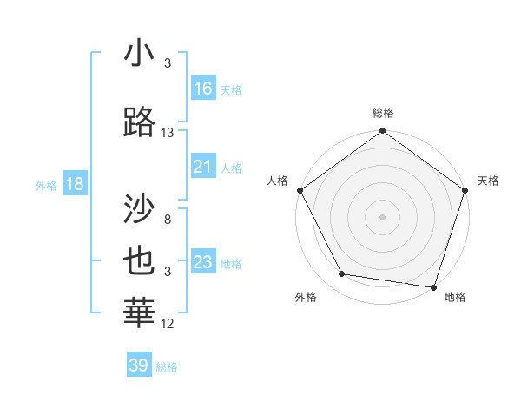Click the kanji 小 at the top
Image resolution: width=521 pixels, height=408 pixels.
click(x=140, y=54)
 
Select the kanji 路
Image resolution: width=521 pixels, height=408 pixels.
click(x=140, y=122)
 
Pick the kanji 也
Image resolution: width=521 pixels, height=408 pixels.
click(x=140, y=262)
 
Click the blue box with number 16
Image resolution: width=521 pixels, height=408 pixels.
click(x=202, y=89)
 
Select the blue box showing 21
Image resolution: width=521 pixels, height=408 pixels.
click(x=202, y=167)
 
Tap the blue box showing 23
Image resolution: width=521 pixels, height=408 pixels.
click(x=202, y=262)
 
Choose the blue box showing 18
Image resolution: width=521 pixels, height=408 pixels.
click(x=74, y=184)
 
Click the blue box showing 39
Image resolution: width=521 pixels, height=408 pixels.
click(x=138, y=365)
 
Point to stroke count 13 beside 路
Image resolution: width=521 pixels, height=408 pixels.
click(x=168, y=133)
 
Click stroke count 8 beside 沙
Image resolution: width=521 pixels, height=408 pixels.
click(x=168, y=220)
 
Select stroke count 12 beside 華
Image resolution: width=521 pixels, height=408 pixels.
click(x=168, y=324)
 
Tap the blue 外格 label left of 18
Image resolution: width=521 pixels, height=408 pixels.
click(x=46, y=185)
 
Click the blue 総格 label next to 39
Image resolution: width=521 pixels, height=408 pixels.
click(x=167, y=366)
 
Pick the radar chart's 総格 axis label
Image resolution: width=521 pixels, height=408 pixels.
click(x=382, y=114)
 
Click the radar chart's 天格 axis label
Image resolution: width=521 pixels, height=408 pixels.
click(x=488, y=181)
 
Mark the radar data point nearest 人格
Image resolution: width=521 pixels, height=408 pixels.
click(x=300, y=189)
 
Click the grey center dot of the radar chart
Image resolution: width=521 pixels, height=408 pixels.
click(x=382, y=216)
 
